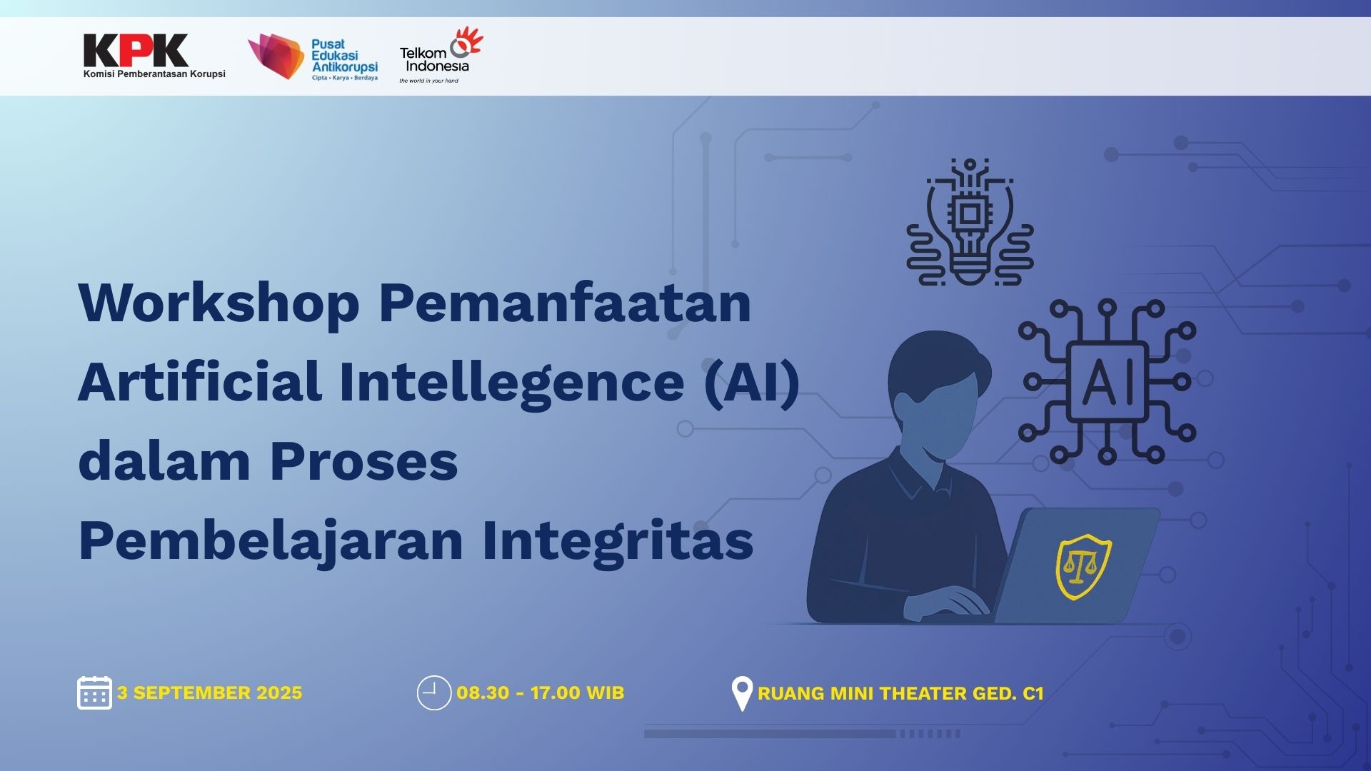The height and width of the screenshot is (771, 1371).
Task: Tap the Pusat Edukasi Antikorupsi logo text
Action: coord(343,56)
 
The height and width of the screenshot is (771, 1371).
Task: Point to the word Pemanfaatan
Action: coord(565,303)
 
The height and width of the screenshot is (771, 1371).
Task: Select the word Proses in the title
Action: coord(363,462)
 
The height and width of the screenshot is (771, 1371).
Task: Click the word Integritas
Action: coord(618,541)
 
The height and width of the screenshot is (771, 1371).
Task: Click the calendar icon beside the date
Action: coord(94,692)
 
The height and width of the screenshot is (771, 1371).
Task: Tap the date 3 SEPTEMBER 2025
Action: coord(209,692)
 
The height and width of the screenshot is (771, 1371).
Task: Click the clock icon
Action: coord(433,692)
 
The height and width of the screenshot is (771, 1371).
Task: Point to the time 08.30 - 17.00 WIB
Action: coord(540,692)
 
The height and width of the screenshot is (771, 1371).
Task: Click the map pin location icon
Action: coord(742,692)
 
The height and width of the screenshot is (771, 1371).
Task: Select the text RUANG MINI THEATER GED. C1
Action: coord(900,693)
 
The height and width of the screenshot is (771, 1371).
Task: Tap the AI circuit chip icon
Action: coord(1107,381)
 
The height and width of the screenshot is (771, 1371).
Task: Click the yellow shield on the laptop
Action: coord(1083,567)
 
